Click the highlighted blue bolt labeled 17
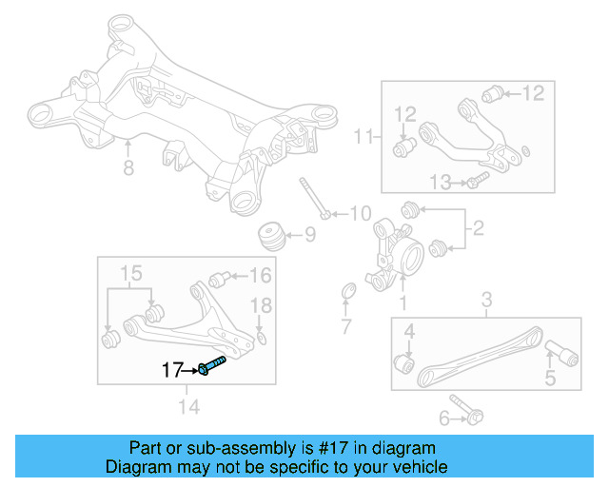point(215,365)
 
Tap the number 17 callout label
point(171,370)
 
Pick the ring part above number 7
point(347,290)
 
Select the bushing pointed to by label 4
point(404,363)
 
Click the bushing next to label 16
point(219,279)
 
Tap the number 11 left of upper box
point(361,138)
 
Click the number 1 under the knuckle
point(402,303)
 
